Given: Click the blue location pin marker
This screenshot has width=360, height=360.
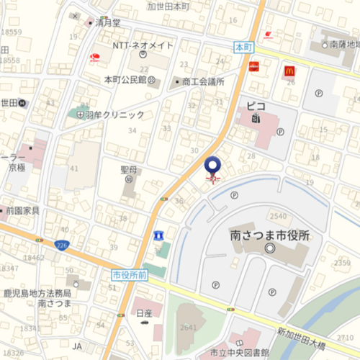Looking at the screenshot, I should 213,166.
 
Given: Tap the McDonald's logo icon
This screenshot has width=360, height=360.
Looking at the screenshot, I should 289,71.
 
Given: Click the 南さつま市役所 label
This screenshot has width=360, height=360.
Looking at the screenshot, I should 269,235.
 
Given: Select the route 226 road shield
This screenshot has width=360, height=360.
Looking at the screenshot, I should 63,246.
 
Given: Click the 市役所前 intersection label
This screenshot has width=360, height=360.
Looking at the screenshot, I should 130,274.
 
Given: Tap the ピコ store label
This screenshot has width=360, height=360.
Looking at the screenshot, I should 256,107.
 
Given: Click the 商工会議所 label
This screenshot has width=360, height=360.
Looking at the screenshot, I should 204,81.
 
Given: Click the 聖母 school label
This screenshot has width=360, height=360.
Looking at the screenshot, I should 129,171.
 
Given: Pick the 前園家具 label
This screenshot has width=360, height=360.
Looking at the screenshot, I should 22,211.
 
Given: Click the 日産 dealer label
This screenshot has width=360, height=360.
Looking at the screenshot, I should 145,315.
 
